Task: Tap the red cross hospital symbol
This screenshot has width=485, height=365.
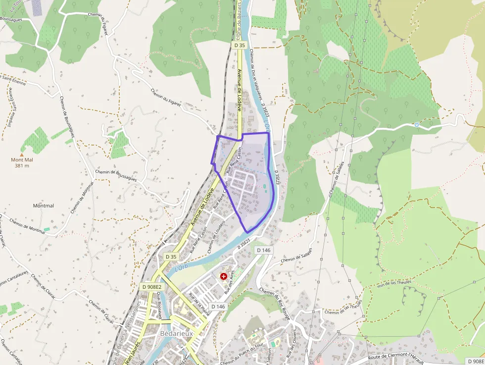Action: coord(224,276)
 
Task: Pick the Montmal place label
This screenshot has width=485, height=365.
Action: coord(43,206)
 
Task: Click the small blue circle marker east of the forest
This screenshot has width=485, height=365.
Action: coord(417,125)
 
